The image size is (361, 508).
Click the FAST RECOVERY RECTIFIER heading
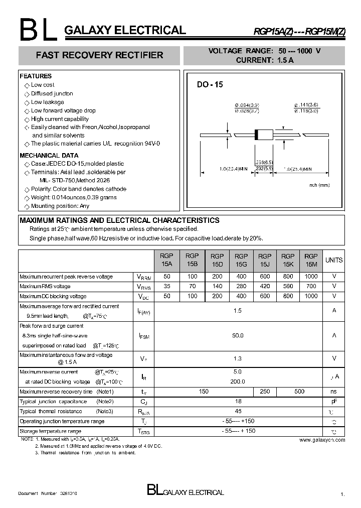coord(99,55)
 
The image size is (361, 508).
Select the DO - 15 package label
coord(210,85)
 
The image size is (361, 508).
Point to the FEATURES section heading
coord(36,76)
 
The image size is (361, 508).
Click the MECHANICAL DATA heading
coord(49,156)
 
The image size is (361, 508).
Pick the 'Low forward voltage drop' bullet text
coord(63,110)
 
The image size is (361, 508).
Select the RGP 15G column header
coord(241,260)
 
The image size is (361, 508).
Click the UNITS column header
coord(334,260)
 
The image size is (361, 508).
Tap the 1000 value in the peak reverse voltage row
coord(311,277)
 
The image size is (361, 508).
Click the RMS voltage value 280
coord(241,286)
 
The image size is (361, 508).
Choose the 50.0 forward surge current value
coord(238,335)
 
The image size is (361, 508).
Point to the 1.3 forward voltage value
coord(238,358)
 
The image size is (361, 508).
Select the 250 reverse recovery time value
coord(265,392)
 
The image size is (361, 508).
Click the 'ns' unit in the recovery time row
coord(334,392)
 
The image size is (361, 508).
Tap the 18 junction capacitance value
coord(238,402)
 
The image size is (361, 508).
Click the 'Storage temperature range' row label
coord(50,431)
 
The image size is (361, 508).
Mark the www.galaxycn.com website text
coord(322,440)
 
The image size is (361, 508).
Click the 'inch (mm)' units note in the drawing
coord(319,185)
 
